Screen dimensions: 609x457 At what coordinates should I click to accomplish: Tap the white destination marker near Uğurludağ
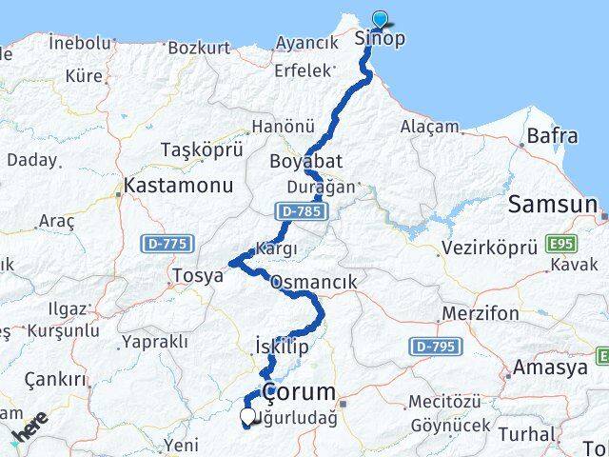tap(248, 416)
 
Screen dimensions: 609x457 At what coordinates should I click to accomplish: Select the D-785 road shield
tap(296, 209)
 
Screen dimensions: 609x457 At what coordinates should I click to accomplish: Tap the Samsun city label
tap(553, 203)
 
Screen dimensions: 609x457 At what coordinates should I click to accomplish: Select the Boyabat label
tap(305, 160)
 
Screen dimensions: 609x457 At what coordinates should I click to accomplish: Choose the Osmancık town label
tap(313, 282)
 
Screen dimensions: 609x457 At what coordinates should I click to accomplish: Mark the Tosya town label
tap(196, 275)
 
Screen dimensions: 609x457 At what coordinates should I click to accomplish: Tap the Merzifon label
tap(481, 313)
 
